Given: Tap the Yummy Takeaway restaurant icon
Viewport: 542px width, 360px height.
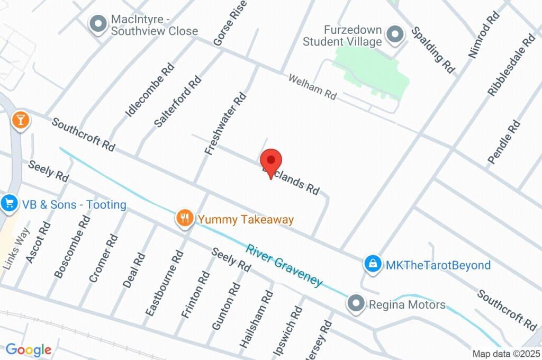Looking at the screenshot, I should click(184, 218).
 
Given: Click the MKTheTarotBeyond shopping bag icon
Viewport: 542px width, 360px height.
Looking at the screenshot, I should click(373, 264).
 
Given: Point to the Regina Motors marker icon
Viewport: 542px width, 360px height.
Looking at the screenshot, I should click(356, 304).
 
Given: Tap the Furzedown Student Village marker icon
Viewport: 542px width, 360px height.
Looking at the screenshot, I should click(394, 35).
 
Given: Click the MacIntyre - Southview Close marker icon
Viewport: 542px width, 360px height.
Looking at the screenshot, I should click(98, 24).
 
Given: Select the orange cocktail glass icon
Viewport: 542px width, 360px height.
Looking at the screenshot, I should click(20, 120).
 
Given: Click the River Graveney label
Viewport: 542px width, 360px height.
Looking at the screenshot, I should click(284, 265).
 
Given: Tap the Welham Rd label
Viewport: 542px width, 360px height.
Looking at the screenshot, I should click(312, 87).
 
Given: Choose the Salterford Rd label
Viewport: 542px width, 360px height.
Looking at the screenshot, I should click(178, 102).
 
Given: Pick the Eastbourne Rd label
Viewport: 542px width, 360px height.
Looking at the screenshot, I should click(165, 283).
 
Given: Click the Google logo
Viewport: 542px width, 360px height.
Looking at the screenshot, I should click(29, 349).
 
